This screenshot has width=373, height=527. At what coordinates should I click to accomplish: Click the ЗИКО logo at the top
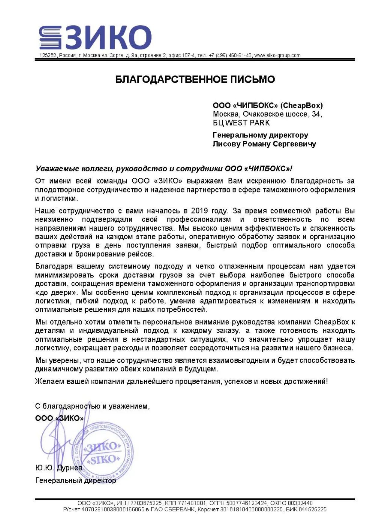[x=96, y=38]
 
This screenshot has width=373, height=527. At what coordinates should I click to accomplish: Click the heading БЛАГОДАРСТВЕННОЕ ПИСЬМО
[x=195, y=80]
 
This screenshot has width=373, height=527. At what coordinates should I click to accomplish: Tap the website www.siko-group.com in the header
[x=277, y=56]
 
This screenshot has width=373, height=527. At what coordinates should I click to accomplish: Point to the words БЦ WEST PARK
[x=241, y=123]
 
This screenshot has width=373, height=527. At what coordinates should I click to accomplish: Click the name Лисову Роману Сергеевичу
[x=264, y=144]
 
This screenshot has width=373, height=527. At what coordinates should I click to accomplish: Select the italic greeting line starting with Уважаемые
[x=164, y=168]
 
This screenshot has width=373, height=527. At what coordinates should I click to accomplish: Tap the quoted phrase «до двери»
[x=55, y=292]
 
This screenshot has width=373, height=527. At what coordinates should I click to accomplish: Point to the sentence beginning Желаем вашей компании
[x=181, y=382]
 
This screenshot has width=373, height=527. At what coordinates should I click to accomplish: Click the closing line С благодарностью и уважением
[x=92, y=406]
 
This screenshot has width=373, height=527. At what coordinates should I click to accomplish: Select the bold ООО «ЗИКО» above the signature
[x=59, y=418]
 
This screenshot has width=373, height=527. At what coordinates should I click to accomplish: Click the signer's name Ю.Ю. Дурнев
[x=59, y=468]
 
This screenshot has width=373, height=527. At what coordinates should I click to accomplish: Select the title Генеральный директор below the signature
[x=75, y=480]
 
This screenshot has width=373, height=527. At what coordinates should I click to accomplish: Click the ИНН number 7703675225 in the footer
[x=146, y=503]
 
